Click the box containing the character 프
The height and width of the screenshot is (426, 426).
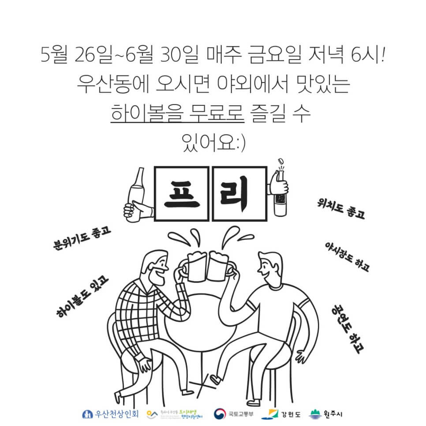pyautogui.click(x=182, y=194)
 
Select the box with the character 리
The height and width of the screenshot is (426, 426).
pyautogui.click(x=240, y=194)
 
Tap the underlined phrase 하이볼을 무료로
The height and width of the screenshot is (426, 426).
pyautogui.click(x=177, y=115)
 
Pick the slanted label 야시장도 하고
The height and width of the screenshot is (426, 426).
pyautogui.click(x=347, y=256)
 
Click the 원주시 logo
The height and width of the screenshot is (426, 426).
pyautogui.click(x=327, y=414)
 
